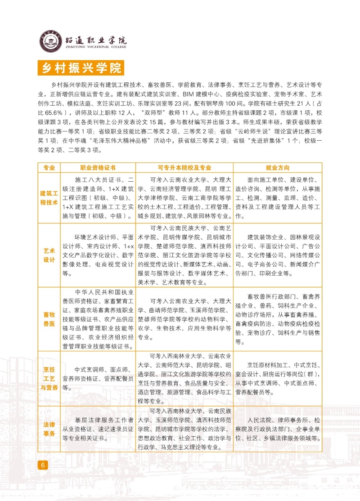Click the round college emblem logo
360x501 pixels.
coord(49,42)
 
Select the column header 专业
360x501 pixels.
coord(49,168)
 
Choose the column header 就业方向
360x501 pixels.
coord(278,168)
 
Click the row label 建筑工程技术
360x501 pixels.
coord(49,197)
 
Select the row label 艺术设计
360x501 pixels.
coord(49,255)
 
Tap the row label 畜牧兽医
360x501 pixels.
coord(49,318)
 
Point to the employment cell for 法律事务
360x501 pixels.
coord(278,429)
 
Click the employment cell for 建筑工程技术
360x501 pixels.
coord(278,197)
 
